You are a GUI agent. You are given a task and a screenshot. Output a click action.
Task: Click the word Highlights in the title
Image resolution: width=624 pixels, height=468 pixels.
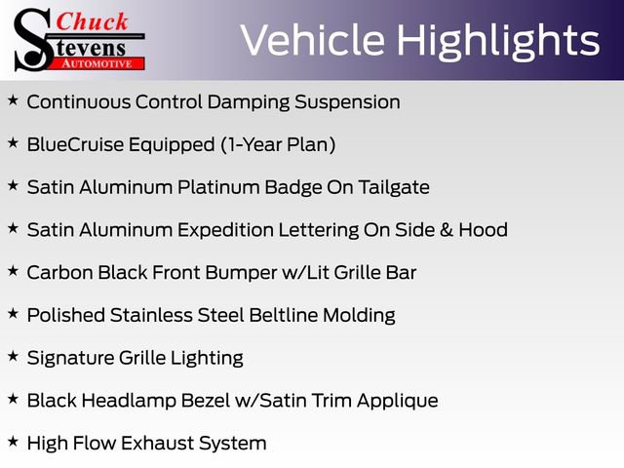point(500,40)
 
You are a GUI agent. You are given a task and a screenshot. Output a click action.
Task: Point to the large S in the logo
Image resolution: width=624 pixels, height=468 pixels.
point(32,40)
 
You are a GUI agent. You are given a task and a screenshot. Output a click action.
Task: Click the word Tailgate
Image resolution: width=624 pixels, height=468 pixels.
point(391,187)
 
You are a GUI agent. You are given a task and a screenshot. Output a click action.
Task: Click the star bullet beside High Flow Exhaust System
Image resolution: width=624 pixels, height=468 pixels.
point(13,442)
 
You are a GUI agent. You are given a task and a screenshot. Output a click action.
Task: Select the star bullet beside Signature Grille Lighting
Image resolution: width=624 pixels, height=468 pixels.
point(13,357)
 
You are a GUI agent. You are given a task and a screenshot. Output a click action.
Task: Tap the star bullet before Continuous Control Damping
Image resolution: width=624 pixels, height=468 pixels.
point(13,100)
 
